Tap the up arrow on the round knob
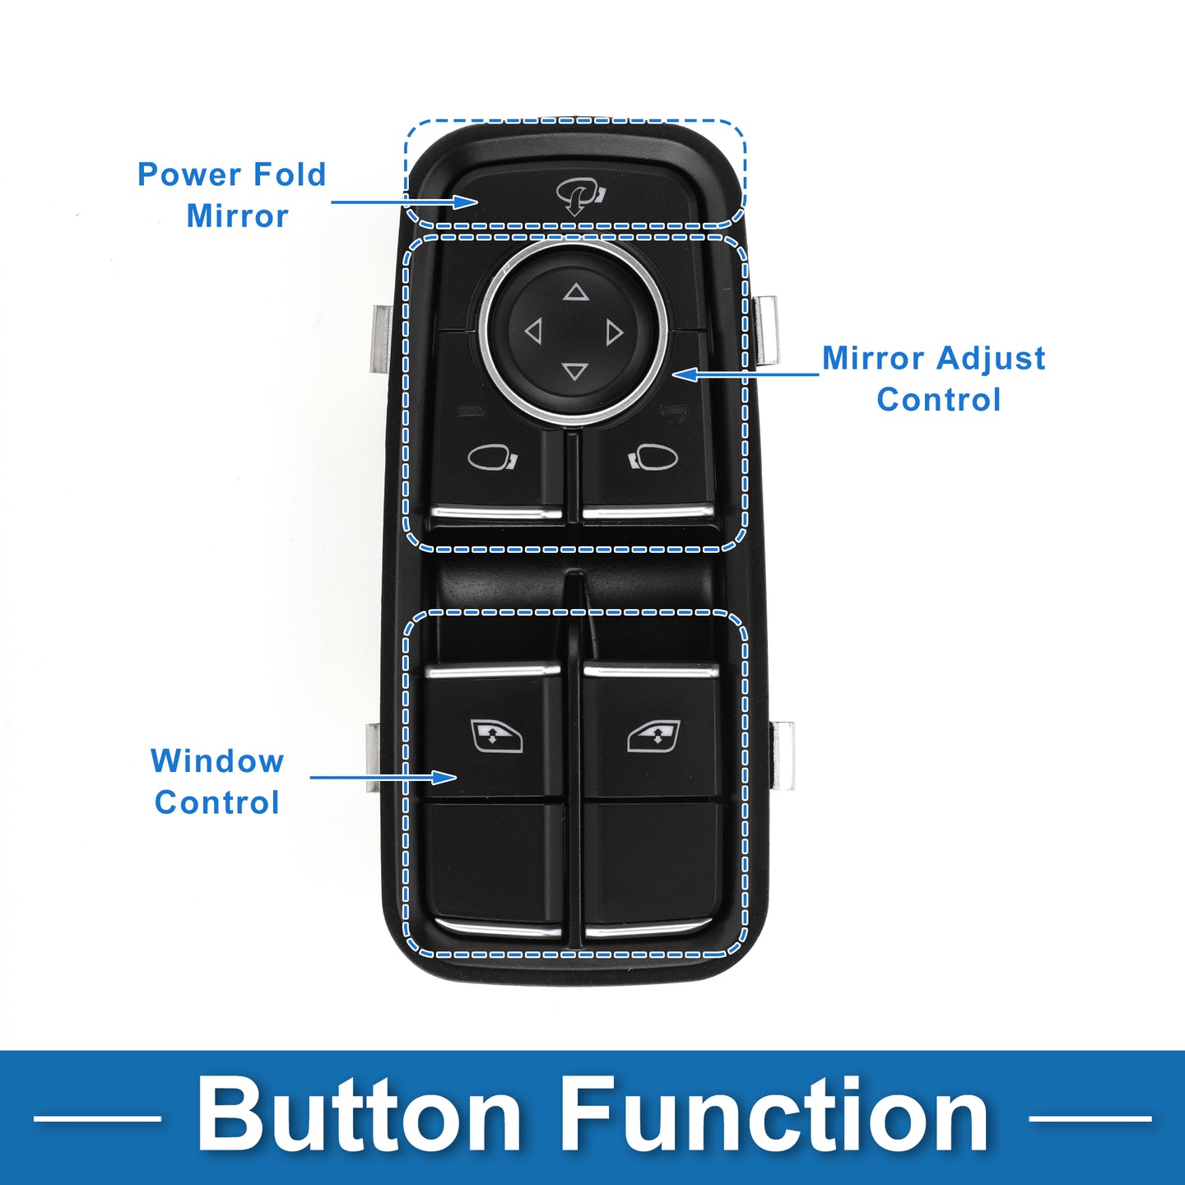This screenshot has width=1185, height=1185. pos(576,292)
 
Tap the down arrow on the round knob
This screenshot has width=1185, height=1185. pos(575,372)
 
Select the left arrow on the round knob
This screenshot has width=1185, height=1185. pos(533,332)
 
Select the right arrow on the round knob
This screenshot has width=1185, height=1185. pos(615,332)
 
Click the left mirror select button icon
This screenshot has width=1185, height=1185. pos(492,457)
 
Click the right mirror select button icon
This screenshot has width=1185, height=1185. pos(654,456)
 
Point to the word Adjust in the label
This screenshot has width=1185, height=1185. pos(991,359)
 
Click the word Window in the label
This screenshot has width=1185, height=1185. pos(217,761)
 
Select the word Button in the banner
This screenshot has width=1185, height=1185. pos(359,1117)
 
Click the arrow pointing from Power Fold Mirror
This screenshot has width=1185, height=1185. pos(403,202)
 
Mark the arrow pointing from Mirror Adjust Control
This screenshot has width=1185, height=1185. pos(746,374)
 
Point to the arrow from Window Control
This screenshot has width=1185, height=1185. pos(383,777)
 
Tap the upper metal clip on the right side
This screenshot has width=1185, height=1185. pos(765,330)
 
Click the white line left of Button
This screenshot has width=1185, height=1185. pos(97,1118)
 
